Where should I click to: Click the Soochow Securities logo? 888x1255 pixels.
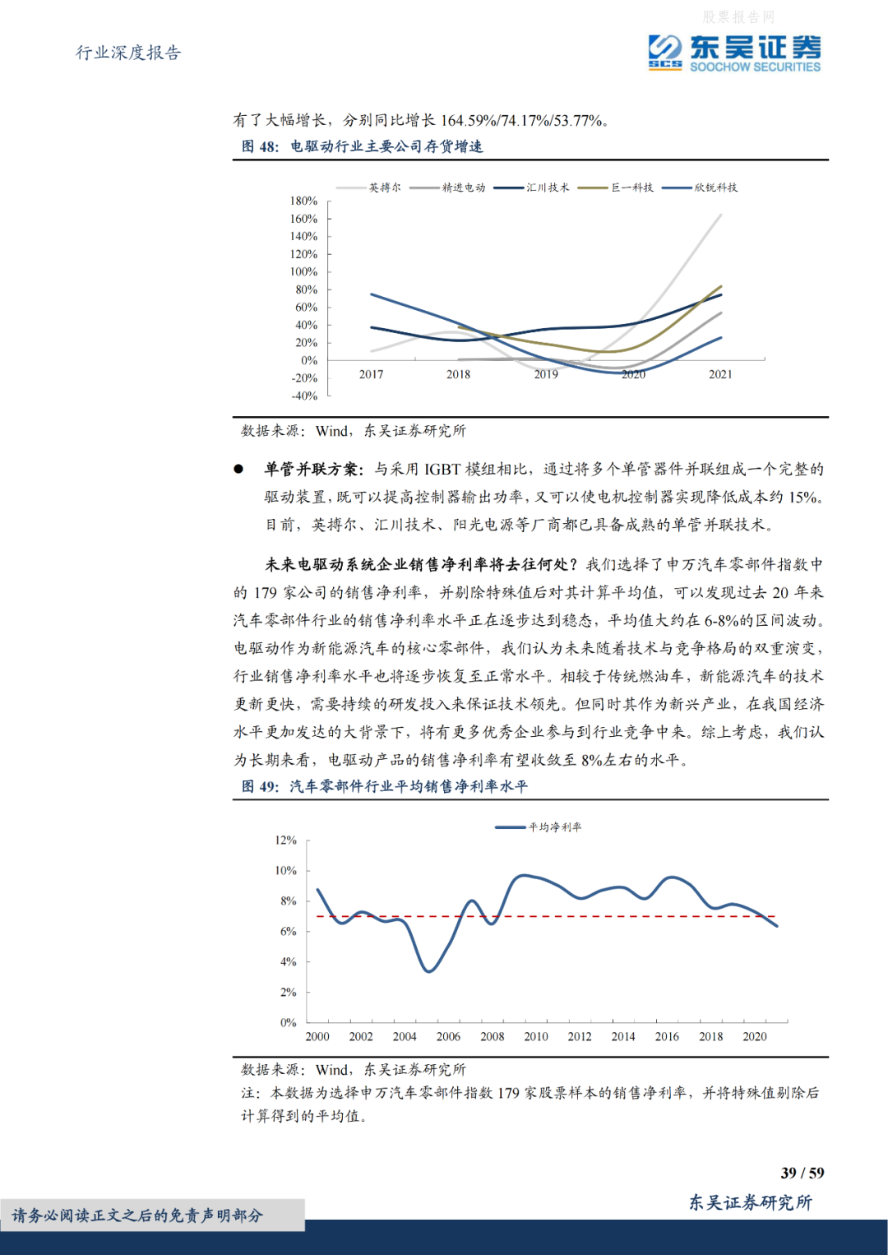(734, 53)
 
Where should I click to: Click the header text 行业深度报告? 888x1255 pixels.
(128, 53)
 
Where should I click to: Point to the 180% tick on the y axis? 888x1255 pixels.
(303, 201)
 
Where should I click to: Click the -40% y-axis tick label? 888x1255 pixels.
(303, 396)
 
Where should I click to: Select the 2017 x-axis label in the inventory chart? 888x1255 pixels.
(371, 374)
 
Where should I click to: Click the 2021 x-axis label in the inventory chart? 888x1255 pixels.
(720, 374)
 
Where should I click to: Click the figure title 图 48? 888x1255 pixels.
(362, 146)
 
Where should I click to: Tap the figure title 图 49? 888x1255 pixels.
(384, 786)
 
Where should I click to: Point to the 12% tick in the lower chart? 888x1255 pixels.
(285, 840)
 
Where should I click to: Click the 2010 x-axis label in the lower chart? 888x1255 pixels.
(536, 1036)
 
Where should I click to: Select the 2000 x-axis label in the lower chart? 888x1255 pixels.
(317, 1036)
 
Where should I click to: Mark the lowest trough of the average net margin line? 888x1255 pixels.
(428, 971)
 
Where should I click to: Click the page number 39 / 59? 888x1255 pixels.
(802, 1173)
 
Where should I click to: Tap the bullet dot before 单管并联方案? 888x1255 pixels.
(238, 469)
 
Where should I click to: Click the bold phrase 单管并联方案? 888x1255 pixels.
(313, 469)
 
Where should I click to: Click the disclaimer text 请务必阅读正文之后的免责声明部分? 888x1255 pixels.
(137, 1216)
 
